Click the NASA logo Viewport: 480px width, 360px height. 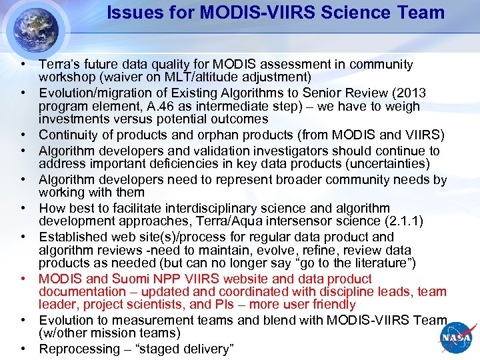(x=455, y=338)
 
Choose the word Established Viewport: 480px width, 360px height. (x=71, y=237)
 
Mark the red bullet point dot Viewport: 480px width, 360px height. (x=23, y=279)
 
